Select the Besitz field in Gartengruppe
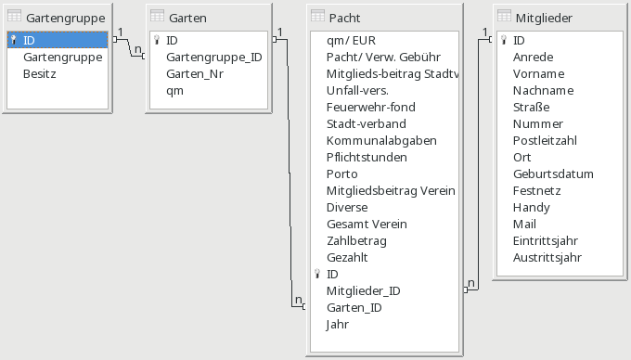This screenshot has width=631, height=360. pyautogui.click(x=40, y=73)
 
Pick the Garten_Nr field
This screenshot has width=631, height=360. pyautogui.click(x=195, y=73)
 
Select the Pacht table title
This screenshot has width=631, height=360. pyautogui.click(x=344, y=18)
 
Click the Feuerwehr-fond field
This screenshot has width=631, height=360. pyautogui.click(x=371, y=107)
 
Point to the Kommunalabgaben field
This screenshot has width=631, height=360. pyautogui.click(x=381, y=140)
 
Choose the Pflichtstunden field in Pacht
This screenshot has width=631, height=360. pyautogui.click(x=367, y=157)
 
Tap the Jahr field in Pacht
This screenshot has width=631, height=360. pyautogui.click(x=338, y=324)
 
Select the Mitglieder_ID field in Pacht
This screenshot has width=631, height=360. pyautogui.click(x=364, y=290)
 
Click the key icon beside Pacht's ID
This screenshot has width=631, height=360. pyautogui.click(x=317, y=274)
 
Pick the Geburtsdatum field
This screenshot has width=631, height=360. pyautogui.click(x=553, y=174)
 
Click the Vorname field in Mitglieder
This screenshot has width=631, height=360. pyautogui.click(x=539, y=73)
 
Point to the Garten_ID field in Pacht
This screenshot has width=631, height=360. pyautogui.click(x=354, y=307)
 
